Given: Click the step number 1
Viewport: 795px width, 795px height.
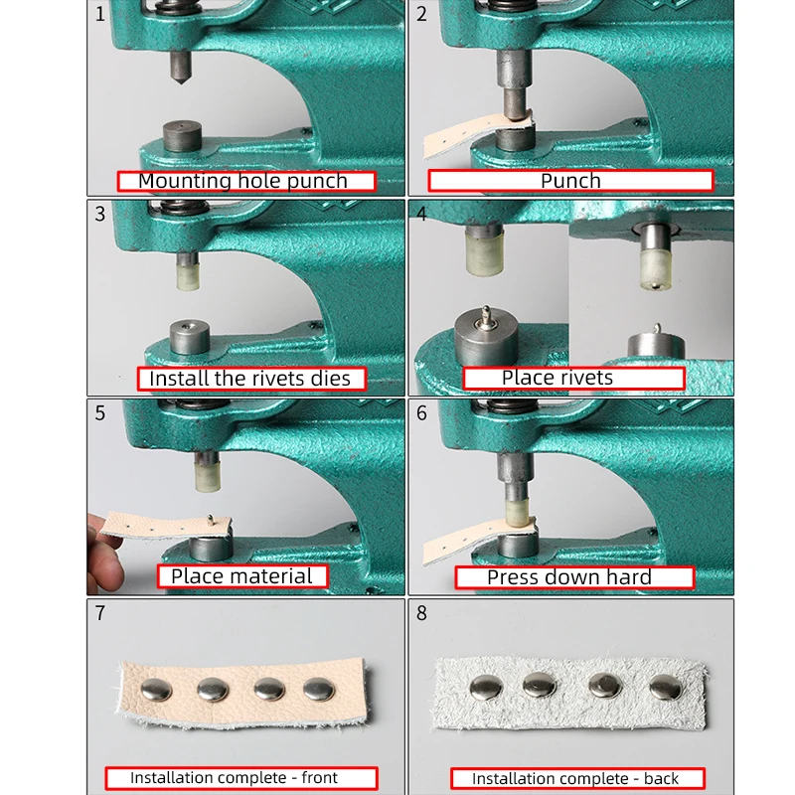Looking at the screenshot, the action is (x=100, y=14).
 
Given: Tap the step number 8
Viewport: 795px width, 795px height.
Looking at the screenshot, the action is (x=421, y=613).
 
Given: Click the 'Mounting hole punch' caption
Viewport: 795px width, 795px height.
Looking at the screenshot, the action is (x=242, y=181).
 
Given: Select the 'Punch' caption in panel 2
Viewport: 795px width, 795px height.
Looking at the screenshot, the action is (x=570, y=181).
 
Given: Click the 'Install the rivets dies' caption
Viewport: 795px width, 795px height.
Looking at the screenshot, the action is (x=250, y=379).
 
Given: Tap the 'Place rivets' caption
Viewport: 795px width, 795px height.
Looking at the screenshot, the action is (x=557, y=378).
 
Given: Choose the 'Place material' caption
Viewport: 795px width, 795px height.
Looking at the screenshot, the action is (x=241, y=576).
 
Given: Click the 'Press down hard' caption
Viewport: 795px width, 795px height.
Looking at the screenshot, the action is (x=568, y=577).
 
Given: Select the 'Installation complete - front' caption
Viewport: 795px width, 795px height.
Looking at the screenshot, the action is (x=234, y=777).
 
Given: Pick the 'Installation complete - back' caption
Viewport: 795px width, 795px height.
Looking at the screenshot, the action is (x=575, y=778).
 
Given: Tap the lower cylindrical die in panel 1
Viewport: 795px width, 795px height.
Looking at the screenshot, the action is (x=183, y=136).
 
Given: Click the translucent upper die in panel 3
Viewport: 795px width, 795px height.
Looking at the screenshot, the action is (x=188, y=277).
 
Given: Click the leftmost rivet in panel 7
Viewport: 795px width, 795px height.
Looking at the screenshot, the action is (x=156, y=690).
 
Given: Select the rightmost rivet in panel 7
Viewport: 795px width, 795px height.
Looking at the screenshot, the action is (x=319, y=689).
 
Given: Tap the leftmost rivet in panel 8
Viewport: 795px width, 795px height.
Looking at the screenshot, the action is (x=486, y=688).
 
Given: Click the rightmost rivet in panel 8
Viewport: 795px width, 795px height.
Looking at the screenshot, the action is (x=666, y=687).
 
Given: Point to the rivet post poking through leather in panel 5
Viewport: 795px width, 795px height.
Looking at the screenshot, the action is (x=211, y=519).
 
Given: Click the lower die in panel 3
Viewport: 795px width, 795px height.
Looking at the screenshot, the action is (x=190, y=337).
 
